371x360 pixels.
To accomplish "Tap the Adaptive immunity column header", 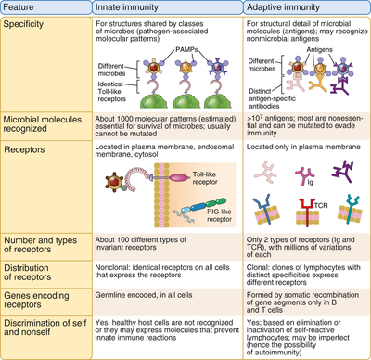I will click(x=284, y=8).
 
